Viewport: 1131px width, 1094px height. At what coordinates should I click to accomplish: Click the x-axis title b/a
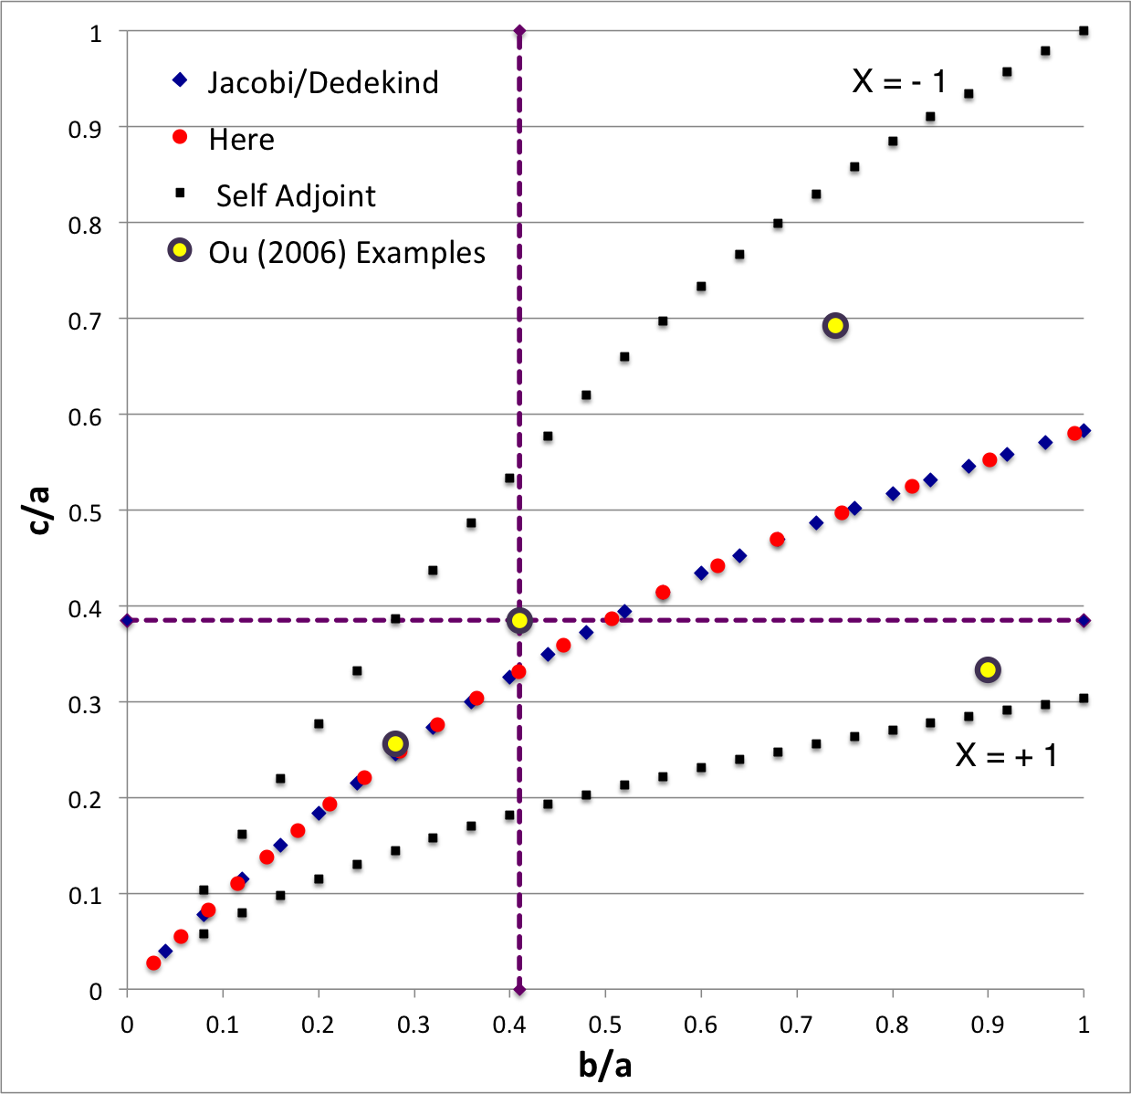[604, 1064]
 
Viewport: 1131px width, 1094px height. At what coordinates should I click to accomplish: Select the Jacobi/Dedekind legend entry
[322, 83]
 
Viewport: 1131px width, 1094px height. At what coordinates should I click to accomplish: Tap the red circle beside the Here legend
[180, 137]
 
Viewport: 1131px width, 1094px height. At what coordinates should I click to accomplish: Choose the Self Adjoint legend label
[296, 196]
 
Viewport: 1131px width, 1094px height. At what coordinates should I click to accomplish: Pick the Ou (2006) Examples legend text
[347, 253]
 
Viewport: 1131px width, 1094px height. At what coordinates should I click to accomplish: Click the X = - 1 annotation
[899, 81]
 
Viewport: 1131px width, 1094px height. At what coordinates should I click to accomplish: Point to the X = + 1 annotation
[1006, 755]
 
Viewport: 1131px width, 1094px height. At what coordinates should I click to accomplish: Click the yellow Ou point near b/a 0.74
[835, 326]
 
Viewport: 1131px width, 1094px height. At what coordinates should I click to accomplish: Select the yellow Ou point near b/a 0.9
[988, 670]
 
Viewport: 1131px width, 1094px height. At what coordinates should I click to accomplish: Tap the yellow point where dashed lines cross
[519, 621]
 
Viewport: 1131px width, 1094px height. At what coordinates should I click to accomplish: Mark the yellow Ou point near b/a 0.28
[395, 744]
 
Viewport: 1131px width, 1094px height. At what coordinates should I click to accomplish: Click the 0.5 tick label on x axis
[604, 1025]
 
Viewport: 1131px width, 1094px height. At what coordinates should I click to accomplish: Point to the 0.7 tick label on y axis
[86, 320]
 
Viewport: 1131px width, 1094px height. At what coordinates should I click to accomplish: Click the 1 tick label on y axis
[96, 34]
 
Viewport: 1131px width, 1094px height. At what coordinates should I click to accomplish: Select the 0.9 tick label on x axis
[988, 1025]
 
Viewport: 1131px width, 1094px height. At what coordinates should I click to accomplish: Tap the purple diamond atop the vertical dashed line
[519, 31]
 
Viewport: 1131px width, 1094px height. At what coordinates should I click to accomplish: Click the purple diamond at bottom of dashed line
[519, 990]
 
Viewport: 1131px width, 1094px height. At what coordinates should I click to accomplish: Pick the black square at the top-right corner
[1084, 31]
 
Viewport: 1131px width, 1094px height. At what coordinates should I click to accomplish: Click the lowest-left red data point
[153, 963]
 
